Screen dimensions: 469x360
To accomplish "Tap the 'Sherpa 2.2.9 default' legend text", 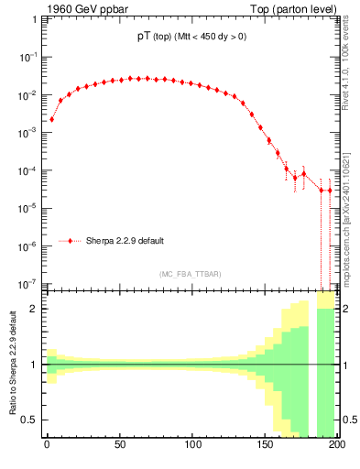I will (x=125, y=241).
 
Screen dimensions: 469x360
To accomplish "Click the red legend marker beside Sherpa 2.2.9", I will (x=71, y=241).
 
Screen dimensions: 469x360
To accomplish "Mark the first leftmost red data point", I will (x=51, y=119).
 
